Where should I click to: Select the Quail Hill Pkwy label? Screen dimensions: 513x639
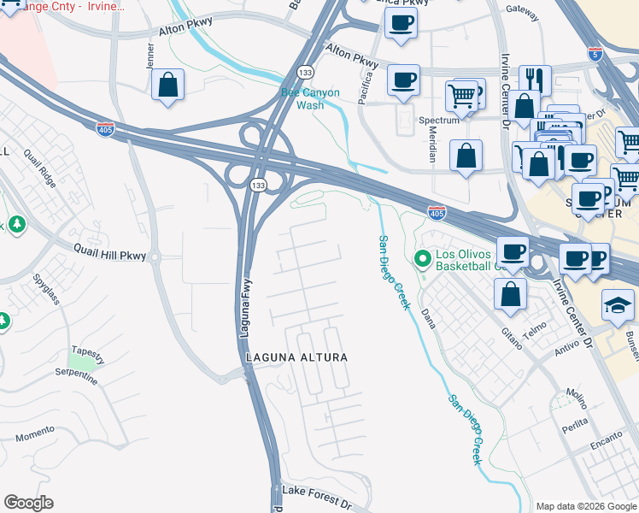point(110,255)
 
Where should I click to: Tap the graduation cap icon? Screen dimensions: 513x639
point(619,304)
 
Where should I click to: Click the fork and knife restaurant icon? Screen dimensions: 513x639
point(535,79)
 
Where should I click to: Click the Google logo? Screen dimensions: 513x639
point(28,503)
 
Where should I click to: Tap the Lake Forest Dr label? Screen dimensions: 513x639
point(317,492)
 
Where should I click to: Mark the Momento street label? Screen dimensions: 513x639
point(35,433)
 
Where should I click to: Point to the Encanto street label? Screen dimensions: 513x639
point(607,447)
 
